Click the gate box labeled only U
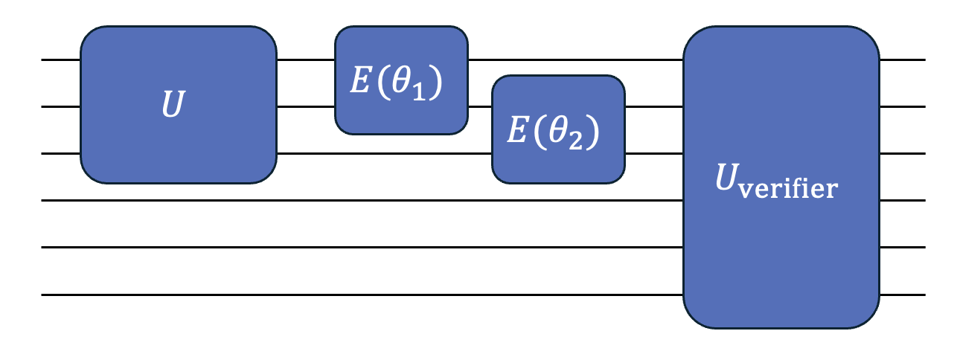point(178,104)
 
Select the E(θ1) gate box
point(401,80)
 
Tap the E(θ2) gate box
point(558,129)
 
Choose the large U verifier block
point(781,177)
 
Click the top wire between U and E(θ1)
point(305,60)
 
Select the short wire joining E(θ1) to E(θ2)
point(480,106)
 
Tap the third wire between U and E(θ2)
point(383,154)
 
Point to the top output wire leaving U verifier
point(902,60)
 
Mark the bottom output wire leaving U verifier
point(902,295)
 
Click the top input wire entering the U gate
point(60,60)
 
